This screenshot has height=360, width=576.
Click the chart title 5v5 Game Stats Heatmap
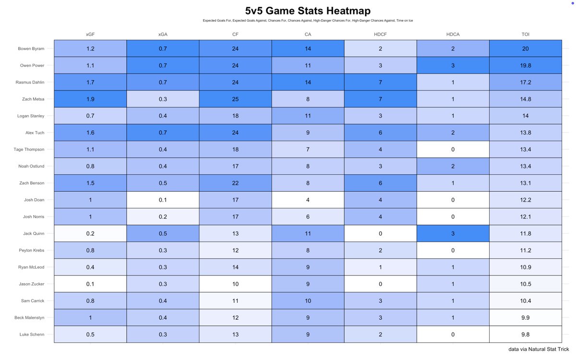[x=308, y=11]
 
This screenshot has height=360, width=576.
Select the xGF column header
[x=90, y=35]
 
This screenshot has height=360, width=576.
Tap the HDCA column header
[x=453, y=35]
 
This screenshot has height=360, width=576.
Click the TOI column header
[x=526, y=35]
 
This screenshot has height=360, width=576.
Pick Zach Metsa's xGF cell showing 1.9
[x=90, y=99]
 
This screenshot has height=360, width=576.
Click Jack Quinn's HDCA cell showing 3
[x=453, y=233]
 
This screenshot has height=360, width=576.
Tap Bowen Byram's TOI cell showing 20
[x=526, y=48]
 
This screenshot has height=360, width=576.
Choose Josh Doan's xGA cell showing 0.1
[x=163, y=200]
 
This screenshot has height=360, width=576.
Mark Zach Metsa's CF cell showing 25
[x=235, y=99]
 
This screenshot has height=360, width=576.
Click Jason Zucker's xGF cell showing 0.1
[x=90, y=284]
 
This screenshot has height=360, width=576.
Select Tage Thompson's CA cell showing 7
[x=308, y=149]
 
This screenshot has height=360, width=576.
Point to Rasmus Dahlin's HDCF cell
[x=380, y=82]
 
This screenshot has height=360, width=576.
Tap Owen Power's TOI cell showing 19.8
[x=526, y=65]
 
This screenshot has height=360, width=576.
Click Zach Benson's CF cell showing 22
[x=235, y=183]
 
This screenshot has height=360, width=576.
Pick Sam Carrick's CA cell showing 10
[x=308, y=300]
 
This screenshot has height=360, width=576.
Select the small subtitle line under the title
[x=308, y=21]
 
